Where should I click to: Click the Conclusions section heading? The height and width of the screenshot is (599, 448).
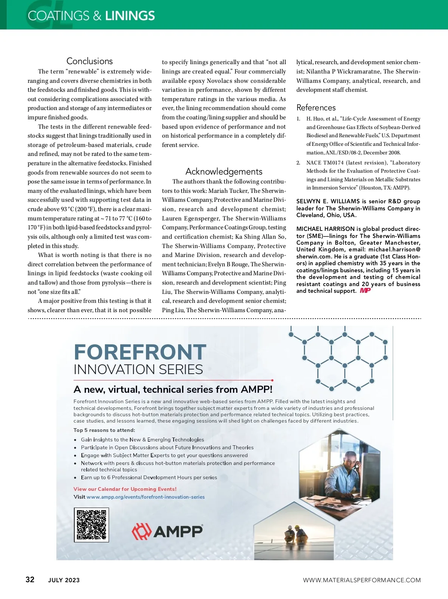[90, 61]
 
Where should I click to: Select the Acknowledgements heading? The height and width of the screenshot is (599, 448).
[224, 172]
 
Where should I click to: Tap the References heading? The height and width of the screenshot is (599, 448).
[316, 108]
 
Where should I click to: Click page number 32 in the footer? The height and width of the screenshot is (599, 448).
[30, 579]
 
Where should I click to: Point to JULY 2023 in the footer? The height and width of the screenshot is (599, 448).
[64, 580]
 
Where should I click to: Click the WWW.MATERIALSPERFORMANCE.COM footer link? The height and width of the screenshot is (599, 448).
[362, 580]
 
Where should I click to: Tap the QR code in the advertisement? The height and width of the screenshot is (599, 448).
[91, 524]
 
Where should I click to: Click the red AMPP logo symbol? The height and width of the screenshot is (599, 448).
[141, 531]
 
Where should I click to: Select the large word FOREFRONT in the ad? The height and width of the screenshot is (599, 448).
[140, 352]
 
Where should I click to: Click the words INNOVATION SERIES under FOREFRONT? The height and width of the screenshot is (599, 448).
[138, 370]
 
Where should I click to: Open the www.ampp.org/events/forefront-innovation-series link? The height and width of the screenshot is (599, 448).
[146, 497]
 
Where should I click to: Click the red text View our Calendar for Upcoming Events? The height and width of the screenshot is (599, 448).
[125, 489]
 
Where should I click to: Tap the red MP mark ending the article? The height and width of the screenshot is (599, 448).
[365, 291]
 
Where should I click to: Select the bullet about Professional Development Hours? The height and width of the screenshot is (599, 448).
[149, 477]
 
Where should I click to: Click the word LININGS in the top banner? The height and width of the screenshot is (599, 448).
[130, 16]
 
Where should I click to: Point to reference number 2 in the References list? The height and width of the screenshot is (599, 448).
[298, 163]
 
